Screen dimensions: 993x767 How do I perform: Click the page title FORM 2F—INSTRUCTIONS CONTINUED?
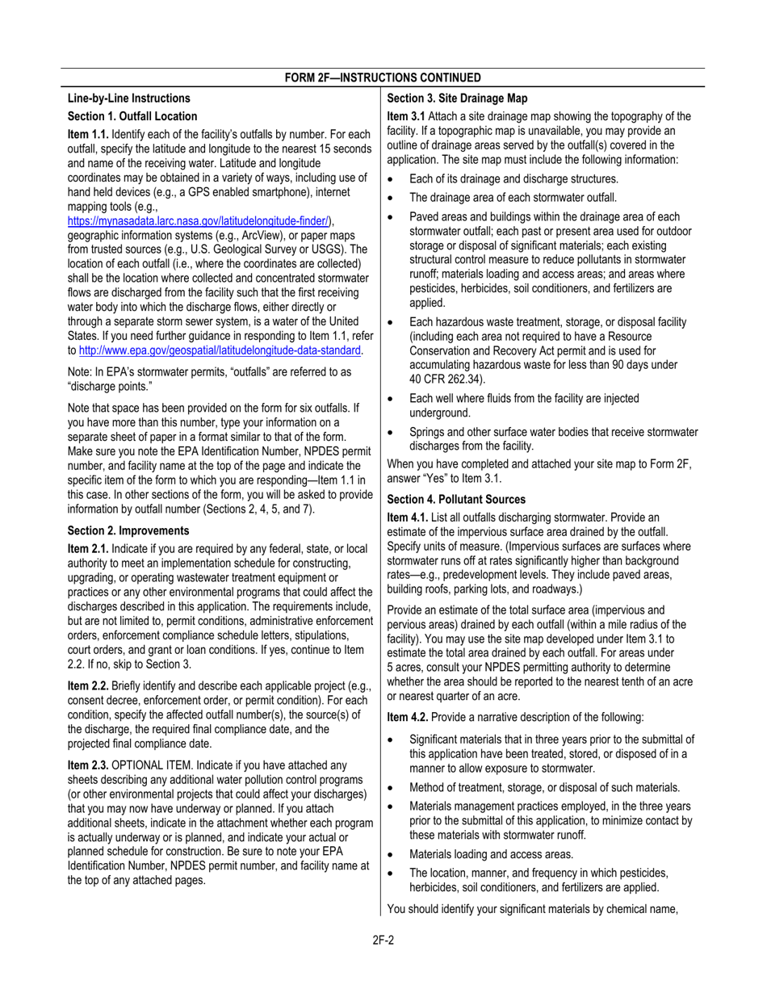click(383, 78)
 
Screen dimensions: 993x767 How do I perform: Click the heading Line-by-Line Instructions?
click(129, 98)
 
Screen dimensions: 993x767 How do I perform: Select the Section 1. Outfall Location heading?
click(132, 116)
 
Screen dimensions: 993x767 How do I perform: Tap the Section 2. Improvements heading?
click(128, 530)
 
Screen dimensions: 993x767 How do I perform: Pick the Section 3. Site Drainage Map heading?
click(457, 98)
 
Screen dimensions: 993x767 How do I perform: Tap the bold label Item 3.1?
click(405, 116)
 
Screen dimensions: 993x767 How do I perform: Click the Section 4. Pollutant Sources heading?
click(456, 499)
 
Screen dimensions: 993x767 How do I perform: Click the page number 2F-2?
click(383, 939)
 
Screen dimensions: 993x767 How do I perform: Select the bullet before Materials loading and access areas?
click(392, 854)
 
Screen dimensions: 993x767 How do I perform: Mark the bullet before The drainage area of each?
click(392, 198)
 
